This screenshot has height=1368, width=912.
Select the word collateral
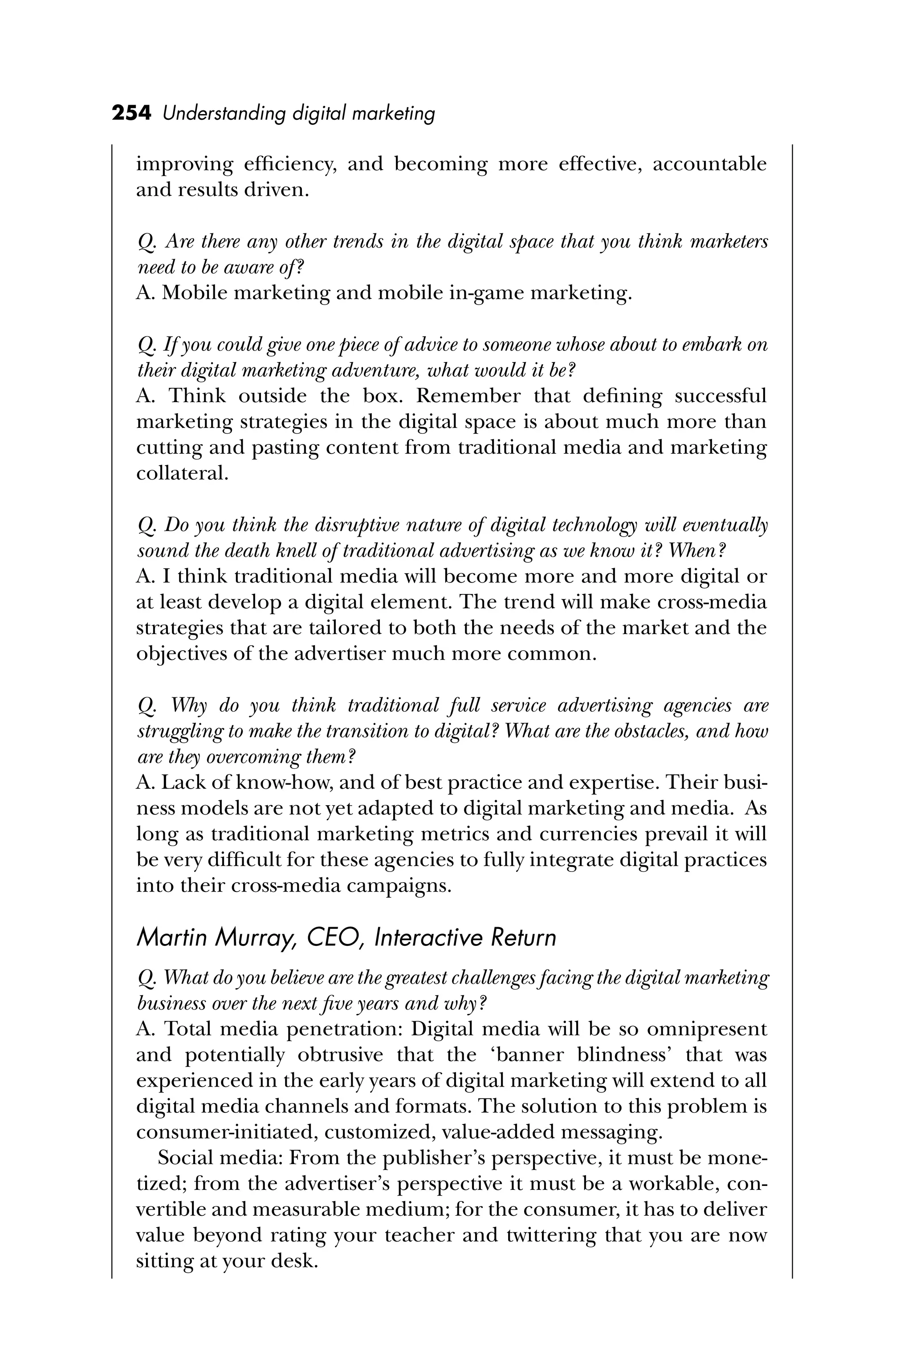pyautogui.click(x=181, y=473)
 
